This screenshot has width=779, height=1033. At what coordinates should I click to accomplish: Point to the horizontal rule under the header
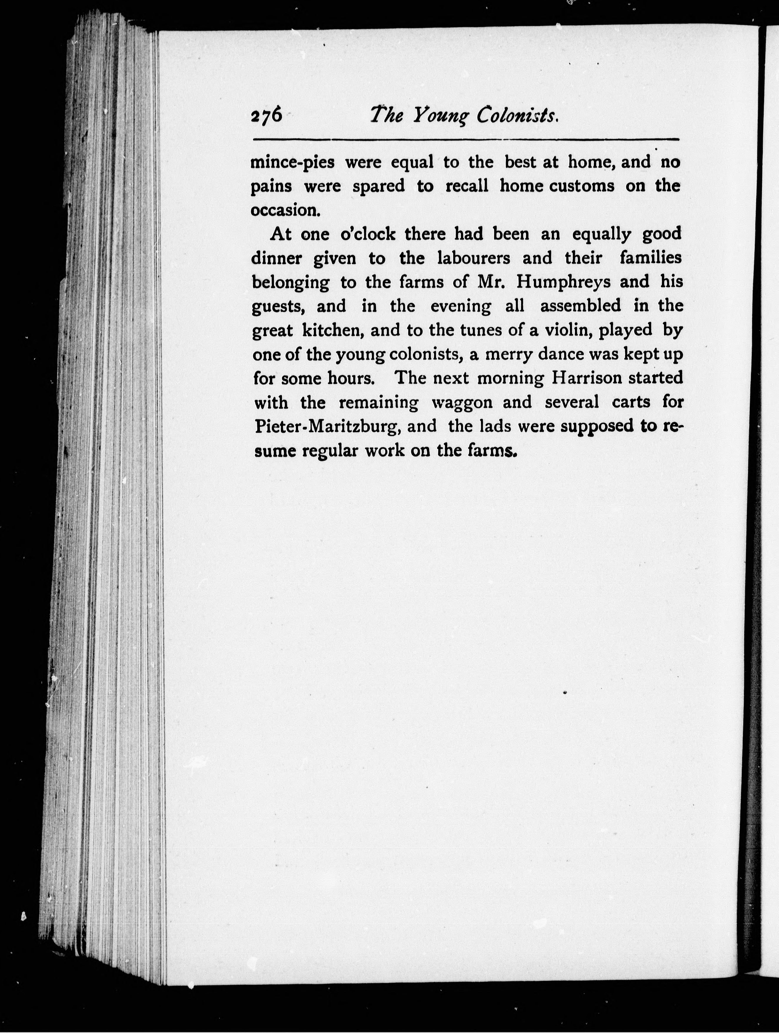[x=465, y=139]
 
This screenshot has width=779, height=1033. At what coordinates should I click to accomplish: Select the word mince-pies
[x=293, y=163]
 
